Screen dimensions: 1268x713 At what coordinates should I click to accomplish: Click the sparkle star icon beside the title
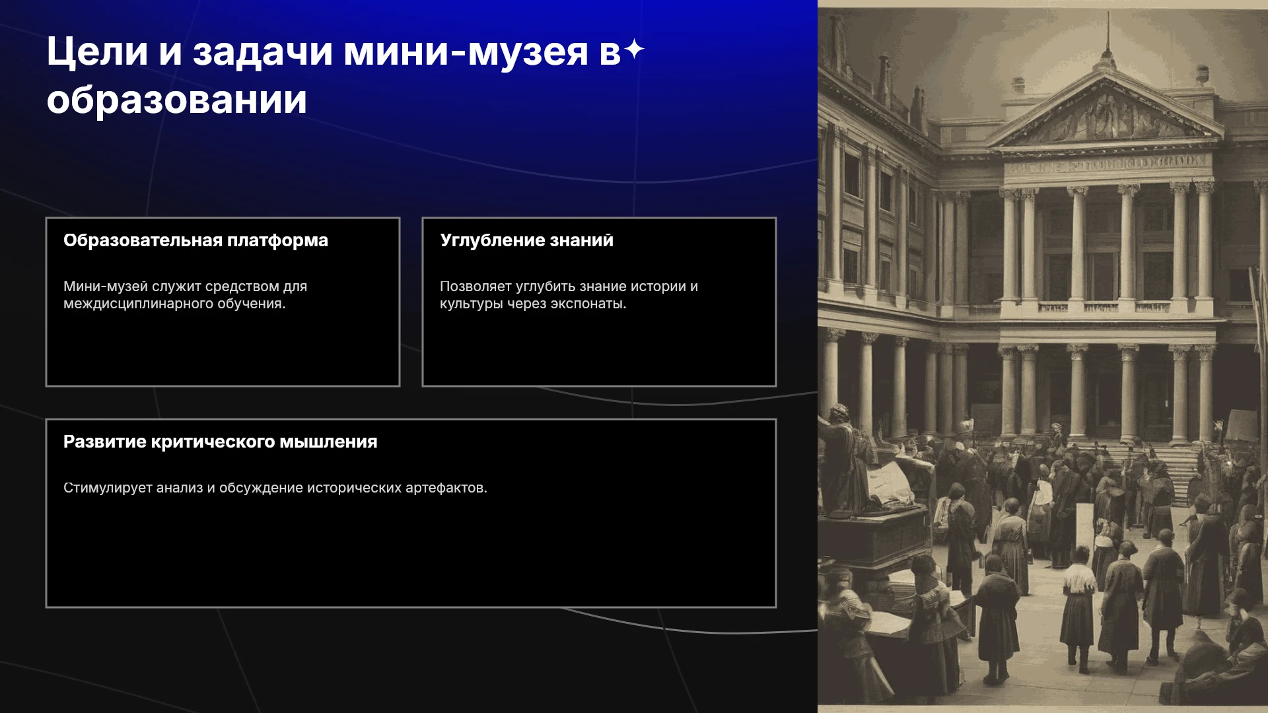[x=634, y=50]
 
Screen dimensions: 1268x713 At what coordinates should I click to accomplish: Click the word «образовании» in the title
[x=177, y=100]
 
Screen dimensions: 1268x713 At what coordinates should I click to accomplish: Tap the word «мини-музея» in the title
[x=466, y=51]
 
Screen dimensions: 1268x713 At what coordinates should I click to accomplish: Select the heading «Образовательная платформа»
[x=195, y=240]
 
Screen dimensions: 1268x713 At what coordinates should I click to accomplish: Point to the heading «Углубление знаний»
[x=526, y=240]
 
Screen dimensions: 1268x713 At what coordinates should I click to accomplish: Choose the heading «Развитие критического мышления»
[x=221, y=442]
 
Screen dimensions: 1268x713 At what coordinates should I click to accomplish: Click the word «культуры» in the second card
[x=472, y=304]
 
